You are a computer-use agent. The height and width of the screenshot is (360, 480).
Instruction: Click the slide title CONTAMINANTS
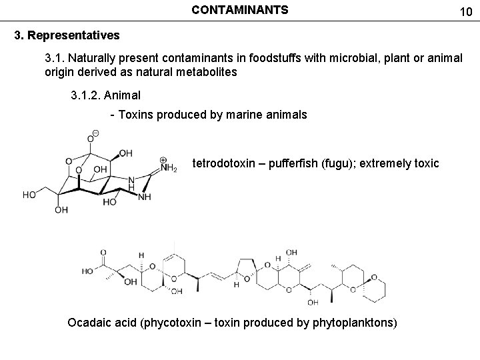(240, 10)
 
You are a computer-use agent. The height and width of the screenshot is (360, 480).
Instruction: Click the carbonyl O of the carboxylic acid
(103, 253)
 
